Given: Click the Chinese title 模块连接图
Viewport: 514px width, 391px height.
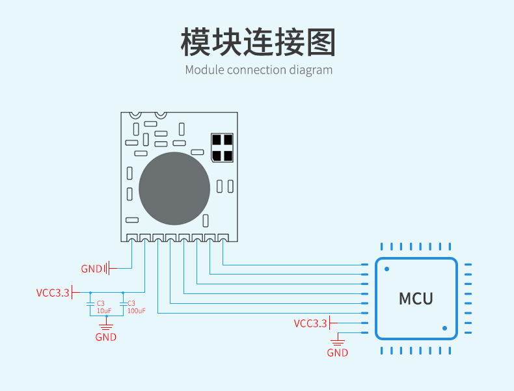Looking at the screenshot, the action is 258,42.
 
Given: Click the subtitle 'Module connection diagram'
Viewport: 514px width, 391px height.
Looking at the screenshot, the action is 259,70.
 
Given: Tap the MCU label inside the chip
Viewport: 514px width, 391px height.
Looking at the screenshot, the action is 416,299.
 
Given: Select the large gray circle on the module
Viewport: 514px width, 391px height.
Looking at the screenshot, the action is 174,189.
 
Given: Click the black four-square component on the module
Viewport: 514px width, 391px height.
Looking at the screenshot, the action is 223,148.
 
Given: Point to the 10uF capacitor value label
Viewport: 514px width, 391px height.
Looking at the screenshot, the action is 104,310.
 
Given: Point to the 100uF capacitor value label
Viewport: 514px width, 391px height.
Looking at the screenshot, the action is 137,311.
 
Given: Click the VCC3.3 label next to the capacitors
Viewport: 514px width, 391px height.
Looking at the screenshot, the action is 53,293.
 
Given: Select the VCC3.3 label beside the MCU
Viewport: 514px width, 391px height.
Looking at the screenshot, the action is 310,323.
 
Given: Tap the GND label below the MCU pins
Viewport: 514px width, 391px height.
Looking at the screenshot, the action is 337,353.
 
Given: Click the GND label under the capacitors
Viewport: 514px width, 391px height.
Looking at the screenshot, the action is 106,337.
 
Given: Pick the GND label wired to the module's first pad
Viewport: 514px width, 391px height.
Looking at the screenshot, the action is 92,269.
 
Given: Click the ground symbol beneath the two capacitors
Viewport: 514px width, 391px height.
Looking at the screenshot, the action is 106,326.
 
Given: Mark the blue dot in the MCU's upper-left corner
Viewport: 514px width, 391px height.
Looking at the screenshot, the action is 387,269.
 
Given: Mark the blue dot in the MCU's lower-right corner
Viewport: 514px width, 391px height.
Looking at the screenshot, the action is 444,328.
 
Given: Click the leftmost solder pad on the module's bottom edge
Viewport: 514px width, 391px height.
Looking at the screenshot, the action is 131,237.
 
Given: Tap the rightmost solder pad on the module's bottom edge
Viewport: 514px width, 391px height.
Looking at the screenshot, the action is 223,237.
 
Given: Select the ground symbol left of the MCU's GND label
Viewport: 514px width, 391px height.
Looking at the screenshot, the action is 338,342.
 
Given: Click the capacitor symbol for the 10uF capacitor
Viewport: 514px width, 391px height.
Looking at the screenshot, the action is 90,304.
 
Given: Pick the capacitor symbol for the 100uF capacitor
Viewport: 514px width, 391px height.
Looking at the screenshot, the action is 123,304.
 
